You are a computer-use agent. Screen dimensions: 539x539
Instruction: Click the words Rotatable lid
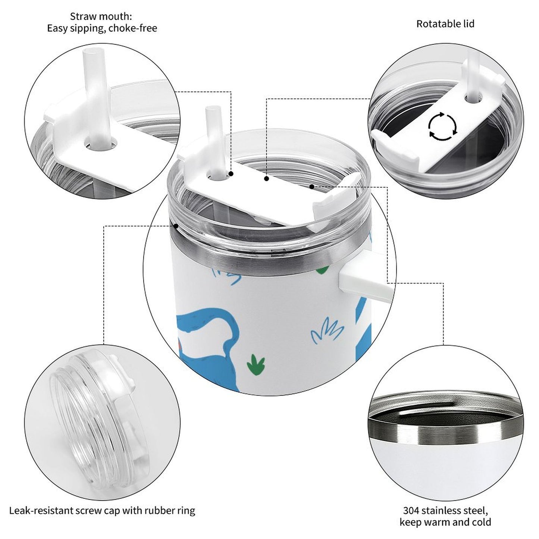(x=445, y=24)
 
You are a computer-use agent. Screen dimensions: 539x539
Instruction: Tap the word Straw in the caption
(x=83, y=16)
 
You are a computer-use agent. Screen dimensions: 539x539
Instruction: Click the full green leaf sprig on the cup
(x=256, y=365)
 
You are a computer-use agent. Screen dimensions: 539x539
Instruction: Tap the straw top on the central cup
(x=213, y=109)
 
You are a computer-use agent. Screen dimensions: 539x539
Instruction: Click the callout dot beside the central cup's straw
(x=231, y=174)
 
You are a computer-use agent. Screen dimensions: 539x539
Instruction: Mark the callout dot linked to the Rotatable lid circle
(x=267, y=178)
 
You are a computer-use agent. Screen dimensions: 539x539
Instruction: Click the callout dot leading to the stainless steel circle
(x=311, y=187)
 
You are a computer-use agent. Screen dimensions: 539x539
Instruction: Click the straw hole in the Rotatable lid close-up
(x=473, y=98)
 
